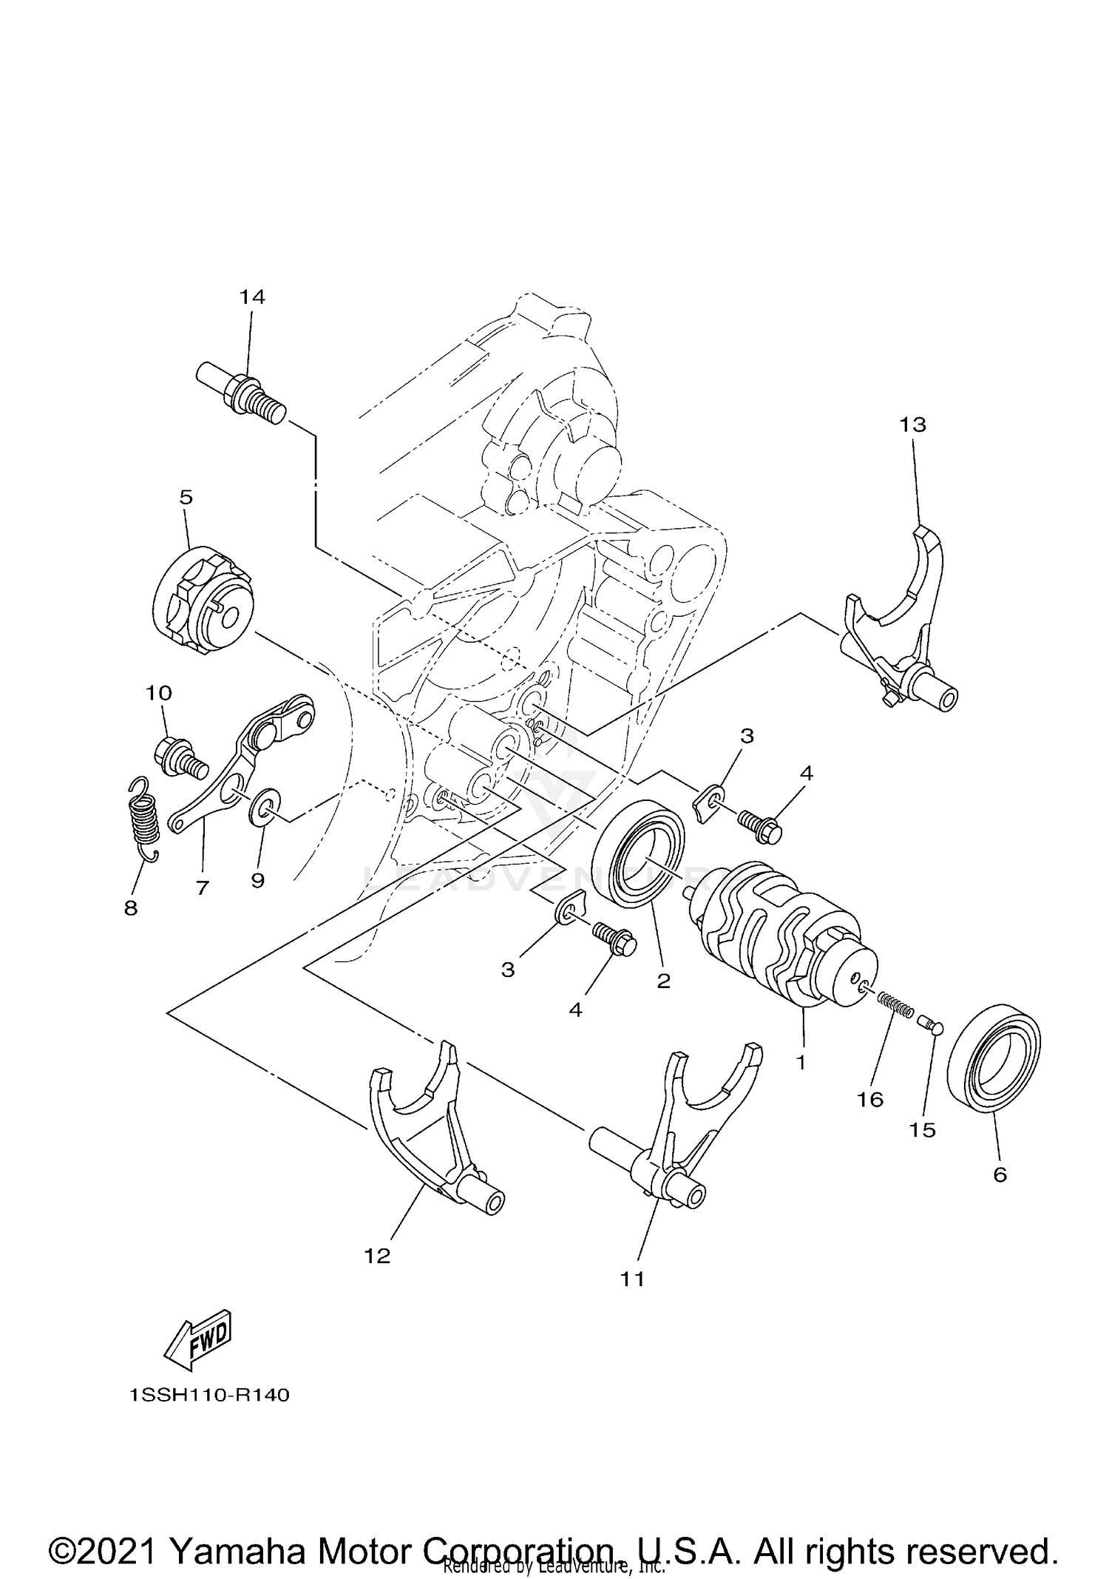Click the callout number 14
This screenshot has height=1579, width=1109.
[x=251, y=297]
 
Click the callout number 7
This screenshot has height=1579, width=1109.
[x=203, y=887]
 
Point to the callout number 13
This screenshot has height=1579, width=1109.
[x=912, y=425]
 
